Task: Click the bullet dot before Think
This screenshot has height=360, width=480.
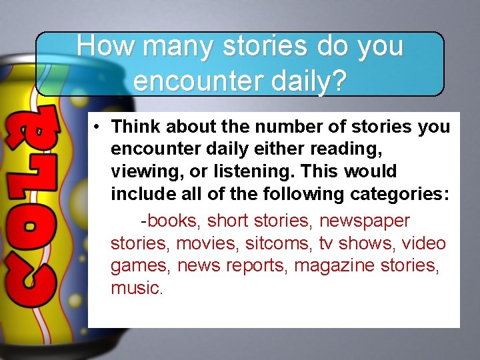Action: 97,127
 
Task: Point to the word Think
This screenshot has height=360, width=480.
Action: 134,127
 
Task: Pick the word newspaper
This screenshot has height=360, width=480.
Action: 365,221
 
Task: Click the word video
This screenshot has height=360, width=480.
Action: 424,243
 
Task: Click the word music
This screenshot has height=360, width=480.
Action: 136,289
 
